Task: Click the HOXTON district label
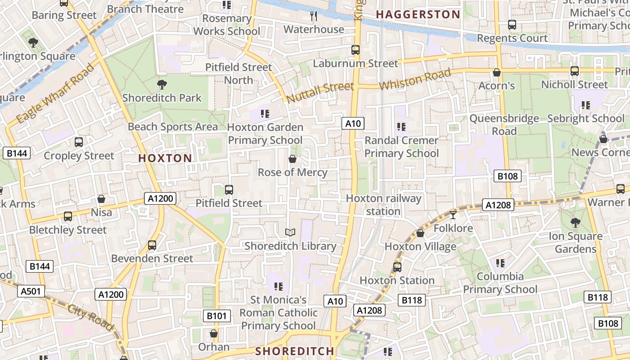(165, 158)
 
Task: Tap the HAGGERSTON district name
(418, 15)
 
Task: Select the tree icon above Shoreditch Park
(162, 84)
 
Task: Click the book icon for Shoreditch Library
(290, 233)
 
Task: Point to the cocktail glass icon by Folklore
(453, 215)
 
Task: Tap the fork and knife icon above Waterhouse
(314, 16)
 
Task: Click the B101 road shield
(216, 316)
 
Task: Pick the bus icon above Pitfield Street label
(229, 190)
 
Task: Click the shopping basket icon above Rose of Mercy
(292, 159)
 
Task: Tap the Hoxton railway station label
(383, 205)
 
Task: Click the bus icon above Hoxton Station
(397, 267)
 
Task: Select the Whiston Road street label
(414, 80)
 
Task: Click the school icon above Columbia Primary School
(500, 263)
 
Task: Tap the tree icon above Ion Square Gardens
(575, 222)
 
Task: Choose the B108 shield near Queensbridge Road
(508, 176)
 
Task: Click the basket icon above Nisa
(101, 199)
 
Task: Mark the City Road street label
(91, 317)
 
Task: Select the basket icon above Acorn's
(497, 72)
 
